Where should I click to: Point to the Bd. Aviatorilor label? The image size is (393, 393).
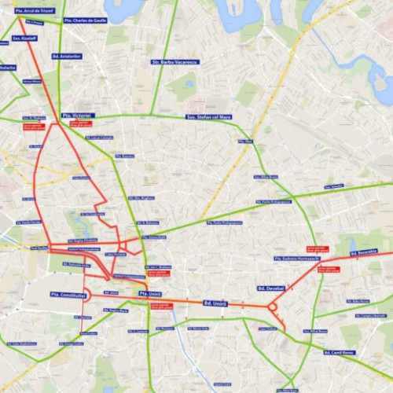point(68,57)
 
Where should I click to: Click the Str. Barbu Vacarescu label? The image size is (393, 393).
point(175,61)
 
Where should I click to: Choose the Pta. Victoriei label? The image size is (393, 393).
point(77,116)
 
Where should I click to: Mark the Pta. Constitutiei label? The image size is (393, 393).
point(67,295)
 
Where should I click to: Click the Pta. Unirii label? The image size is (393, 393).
point(149,293)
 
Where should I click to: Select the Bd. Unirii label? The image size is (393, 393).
point(215,303)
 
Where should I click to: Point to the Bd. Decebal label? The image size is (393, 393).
point(270,288)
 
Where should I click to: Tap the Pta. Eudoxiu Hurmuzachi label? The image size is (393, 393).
point(297,258)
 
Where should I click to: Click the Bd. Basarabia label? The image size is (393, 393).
point(363,252)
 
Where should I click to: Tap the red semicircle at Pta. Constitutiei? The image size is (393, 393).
point(86,295)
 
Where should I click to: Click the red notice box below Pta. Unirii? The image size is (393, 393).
point(162,305)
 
